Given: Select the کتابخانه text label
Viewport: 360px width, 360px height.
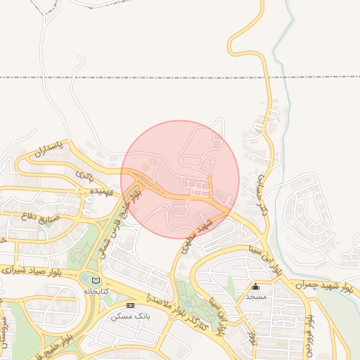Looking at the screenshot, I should [97, 290].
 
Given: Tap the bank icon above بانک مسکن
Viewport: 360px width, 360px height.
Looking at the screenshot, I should [130, 306].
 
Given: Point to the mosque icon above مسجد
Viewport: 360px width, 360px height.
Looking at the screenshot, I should [255, 287].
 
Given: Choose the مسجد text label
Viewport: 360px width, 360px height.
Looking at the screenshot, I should [255, 297].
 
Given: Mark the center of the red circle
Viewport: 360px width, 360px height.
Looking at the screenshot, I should [180, 179].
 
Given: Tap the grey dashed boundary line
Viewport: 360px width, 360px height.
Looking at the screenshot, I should [141, 77].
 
